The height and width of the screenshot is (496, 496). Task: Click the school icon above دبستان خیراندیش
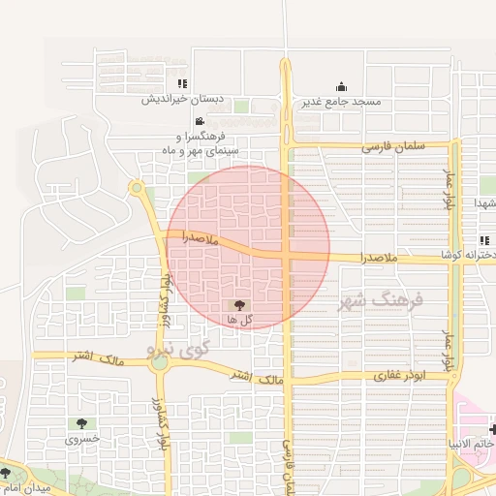pyautogui.click(x=182, y=84)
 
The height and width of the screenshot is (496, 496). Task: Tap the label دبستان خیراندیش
pyautogui.click(x=183, y=99)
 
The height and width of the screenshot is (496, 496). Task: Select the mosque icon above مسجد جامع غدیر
pyautogui.click(x=340, y=87)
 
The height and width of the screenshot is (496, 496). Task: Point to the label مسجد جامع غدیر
pyautogui.click(x=340, y=102)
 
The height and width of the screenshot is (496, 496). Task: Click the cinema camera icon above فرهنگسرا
pyautogui.click(x=200, y=122)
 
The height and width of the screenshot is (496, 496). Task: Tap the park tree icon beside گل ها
pyautogui.click(x=240, y=305)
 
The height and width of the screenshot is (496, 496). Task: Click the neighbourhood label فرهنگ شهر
pyautogui.click(x=381, y=301)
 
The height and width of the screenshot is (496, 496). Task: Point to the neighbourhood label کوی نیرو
pyautogui.click(x=171, y=346)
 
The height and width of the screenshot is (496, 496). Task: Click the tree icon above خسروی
pyautogui.click(x=81, y=423)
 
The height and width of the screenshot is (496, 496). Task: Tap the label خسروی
pyautogui.click(x=81, y=439)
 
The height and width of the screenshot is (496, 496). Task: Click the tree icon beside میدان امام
pyautogui.click(x=5, y=473)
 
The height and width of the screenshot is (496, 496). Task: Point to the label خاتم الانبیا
pyautogui.click(x=467, y=444)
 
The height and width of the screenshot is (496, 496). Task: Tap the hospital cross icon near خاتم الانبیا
pyautogui.click(x=493, y=429)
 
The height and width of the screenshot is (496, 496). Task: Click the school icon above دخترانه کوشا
pyautogui.click(x=483, y=240)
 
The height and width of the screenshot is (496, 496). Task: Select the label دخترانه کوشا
pyautogui.click(x=469, y=254)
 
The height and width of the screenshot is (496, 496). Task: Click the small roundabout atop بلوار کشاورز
pyautogui.click(x=137, y=187)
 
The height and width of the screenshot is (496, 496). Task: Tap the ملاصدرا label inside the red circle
pyautogui.click(x=200, y=238)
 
